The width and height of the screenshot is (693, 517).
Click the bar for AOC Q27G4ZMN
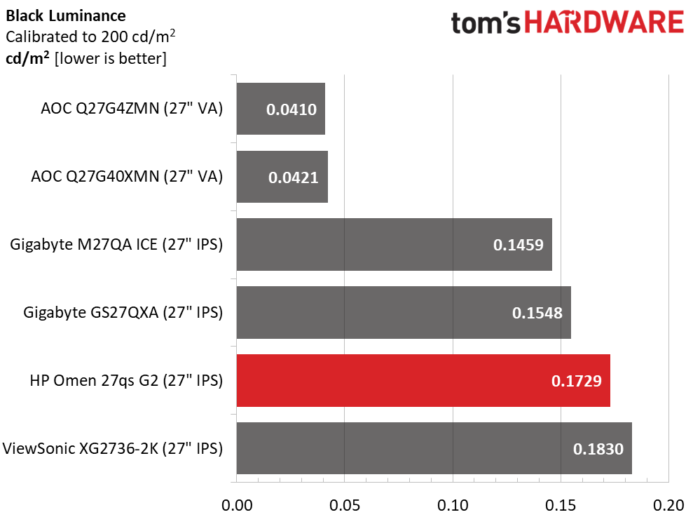tap(280, 109)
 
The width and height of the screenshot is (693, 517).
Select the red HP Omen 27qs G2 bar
tap(423, 380)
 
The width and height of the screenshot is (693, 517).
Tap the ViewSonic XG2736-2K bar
tap(434, 448)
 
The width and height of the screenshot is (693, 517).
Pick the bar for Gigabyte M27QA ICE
tap(394, 244)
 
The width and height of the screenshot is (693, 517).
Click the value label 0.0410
tap(291, 109)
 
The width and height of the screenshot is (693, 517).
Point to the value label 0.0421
tap(293, 177)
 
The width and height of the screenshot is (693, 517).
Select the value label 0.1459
tap(518, 245)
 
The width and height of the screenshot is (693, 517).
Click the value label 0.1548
tap(537, 313)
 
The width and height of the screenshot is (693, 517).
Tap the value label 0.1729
tap(576, 381)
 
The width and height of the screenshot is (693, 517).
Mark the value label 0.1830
tap(598, 449)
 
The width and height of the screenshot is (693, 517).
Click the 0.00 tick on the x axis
tap(237, 504)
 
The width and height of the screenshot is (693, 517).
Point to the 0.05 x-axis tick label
tap(345, 504)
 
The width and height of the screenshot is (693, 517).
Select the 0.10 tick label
tap(453, 504)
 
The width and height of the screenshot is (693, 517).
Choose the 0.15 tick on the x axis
tap(561, 504)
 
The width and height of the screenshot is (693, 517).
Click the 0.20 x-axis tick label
tap(668, 504)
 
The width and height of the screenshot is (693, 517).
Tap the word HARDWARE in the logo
tap(604, 23)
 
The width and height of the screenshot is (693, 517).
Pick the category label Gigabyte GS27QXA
tap(123, 312)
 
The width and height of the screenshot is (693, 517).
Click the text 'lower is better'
tap(111, 58)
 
